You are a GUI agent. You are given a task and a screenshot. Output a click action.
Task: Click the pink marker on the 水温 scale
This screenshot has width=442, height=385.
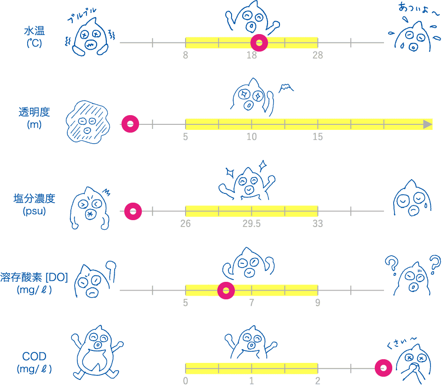coord(259,43)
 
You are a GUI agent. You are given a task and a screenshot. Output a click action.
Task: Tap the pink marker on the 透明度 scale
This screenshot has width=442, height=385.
coord(130,124)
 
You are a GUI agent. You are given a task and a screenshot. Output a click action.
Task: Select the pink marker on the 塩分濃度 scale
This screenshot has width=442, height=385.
coord(133,212)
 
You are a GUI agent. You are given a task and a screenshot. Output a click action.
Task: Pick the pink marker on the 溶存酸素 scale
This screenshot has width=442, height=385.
coord(226,291)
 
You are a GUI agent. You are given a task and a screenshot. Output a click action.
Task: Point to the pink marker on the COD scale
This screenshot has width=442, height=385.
coord(383,368)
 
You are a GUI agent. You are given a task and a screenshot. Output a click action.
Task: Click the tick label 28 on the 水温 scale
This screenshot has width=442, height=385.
coord(317,55)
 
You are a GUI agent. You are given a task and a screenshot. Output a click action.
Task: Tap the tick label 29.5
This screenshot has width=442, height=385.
coord(251,224)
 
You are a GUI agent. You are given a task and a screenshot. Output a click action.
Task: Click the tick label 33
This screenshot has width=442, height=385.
coord(317,224)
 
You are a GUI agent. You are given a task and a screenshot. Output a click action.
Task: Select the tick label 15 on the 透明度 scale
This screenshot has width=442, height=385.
coord(317,137)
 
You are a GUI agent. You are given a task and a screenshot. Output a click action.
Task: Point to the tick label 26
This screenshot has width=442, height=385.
coord(186,224)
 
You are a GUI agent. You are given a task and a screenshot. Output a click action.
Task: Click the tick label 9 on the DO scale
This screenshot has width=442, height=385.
coord(317,303)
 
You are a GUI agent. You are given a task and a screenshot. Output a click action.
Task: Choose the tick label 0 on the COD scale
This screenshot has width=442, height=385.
coord(186,381)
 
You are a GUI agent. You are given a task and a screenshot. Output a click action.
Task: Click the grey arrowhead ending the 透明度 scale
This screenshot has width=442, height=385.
coord(428,124)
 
